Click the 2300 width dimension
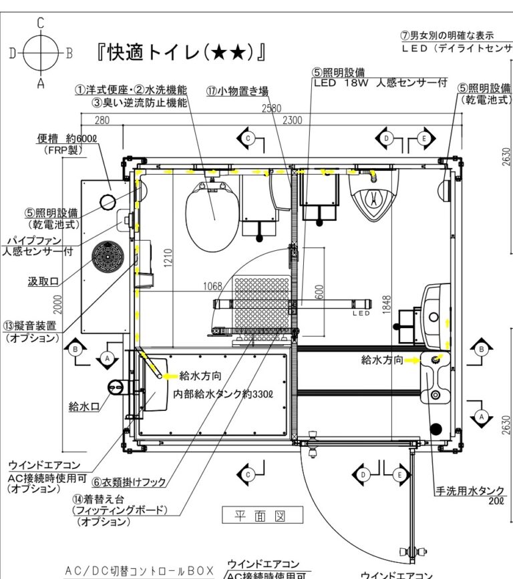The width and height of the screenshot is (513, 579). click(292, 120)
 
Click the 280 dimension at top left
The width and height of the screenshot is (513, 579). click(102, 120)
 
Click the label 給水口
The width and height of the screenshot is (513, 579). click(83, 406)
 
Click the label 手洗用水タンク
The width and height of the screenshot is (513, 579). click(470, 491)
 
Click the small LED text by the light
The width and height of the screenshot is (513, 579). click(361, 313)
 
